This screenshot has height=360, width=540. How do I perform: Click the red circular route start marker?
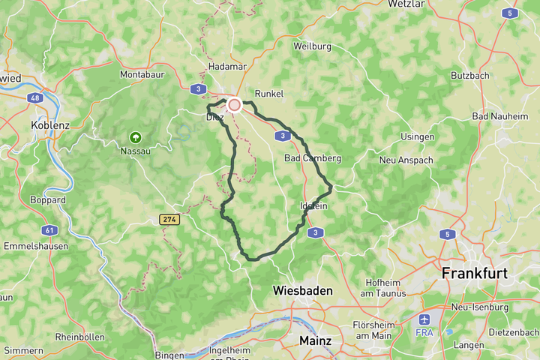pos(234,106)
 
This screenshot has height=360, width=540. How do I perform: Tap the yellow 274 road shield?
pos(169,219)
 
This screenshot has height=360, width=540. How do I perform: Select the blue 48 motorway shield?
pos(36,97)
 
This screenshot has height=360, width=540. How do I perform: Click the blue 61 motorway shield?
pos(49,229)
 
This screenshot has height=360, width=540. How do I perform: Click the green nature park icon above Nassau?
pos(135,137)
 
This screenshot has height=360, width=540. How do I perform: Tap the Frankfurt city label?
pos(475,273)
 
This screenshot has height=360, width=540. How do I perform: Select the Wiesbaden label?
pos(303,290)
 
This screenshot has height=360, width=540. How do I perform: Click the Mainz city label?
pos(315,340)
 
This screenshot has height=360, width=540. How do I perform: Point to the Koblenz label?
pos(50,125)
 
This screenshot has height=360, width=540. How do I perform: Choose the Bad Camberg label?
pos(313,158)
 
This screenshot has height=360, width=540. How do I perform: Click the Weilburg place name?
pos(312,46)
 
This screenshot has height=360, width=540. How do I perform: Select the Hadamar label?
pos(227,66)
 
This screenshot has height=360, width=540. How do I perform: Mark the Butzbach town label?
pos(471,76)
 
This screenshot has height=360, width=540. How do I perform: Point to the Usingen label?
pos(418,136)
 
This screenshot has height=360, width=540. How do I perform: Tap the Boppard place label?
pos(48,200)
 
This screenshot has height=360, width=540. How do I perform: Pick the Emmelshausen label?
pos(36,246)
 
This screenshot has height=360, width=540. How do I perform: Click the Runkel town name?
pos(269,94)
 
